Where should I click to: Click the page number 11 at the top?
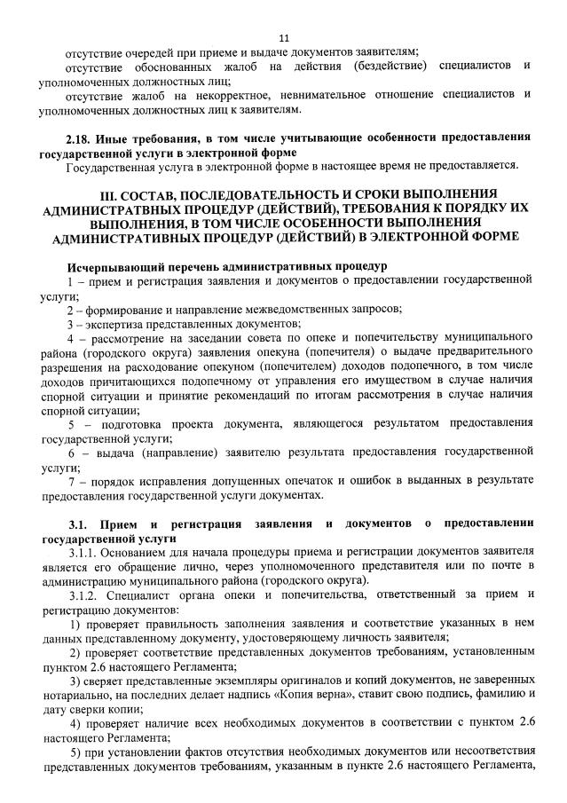pos(284,37)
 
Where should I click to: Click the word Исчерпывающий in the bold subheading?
pos(109,266)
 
